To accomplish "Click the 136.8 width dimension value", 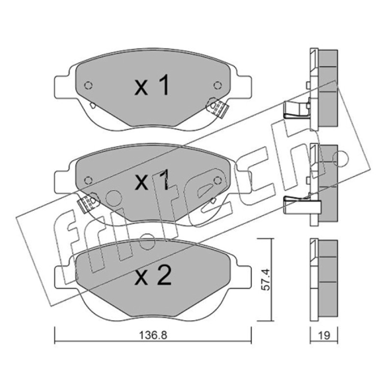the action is tap(153, 335).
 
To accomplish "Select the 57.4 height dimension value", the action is tap(266, 280).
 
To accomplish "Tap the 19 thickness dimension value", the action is tap(324, 335).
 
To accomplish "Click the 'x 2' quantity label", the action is tap(153, 275).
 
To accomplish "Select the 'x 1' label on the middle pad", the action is tap(152, 180).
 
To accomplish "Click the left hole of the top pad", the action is tap(89, 85).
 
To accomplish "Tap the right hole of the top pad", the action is tap(218, 85).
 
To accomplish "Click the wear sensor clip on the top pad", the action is tap(217, 107).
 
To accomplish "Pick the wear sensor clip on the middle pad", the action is tap(88, 202).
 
